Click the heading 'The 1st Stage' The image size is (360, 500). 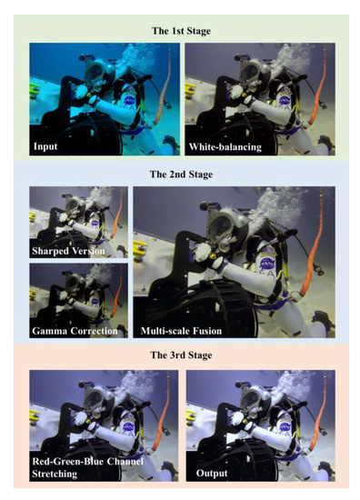(x=179, y=30)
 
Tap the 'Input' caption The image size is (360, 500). (x=45, y=144)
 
